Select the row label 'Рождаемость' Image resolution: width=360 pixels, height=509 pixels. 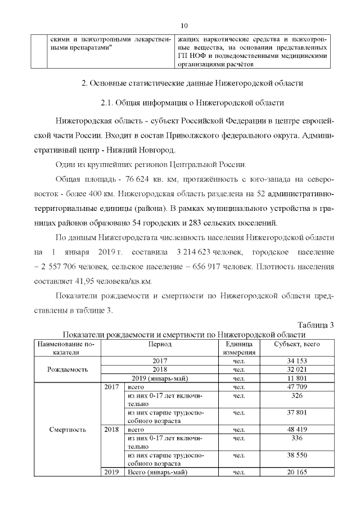(67, 370)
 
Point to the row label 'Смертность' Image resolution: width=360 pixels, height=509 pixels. (67, 430)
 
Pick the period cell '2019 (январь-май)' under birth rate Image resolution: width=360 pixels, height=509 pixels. (160, 379)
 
